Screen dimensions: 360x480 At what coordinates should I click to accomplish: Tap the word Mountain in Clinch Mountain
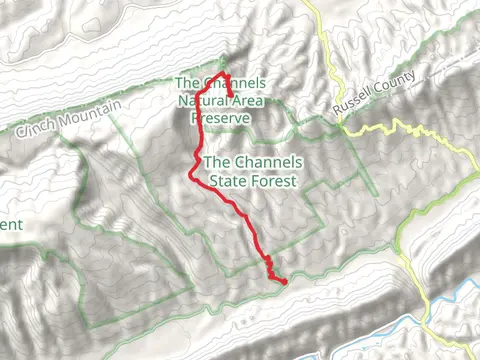click(x=91, y=109)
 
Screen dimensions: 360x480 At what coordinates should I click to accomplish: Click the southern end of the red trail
click(x=285, y=282)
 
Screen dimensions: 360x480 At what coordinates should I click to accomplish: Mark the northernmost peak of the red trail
click(x=222, y=73)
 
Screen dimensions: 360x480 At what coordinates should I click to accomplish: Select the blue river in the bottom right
click(x=440, y=310)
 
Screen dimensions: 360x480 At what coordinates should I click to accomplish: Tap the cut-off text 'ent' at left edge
click(x=10, y=224)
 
